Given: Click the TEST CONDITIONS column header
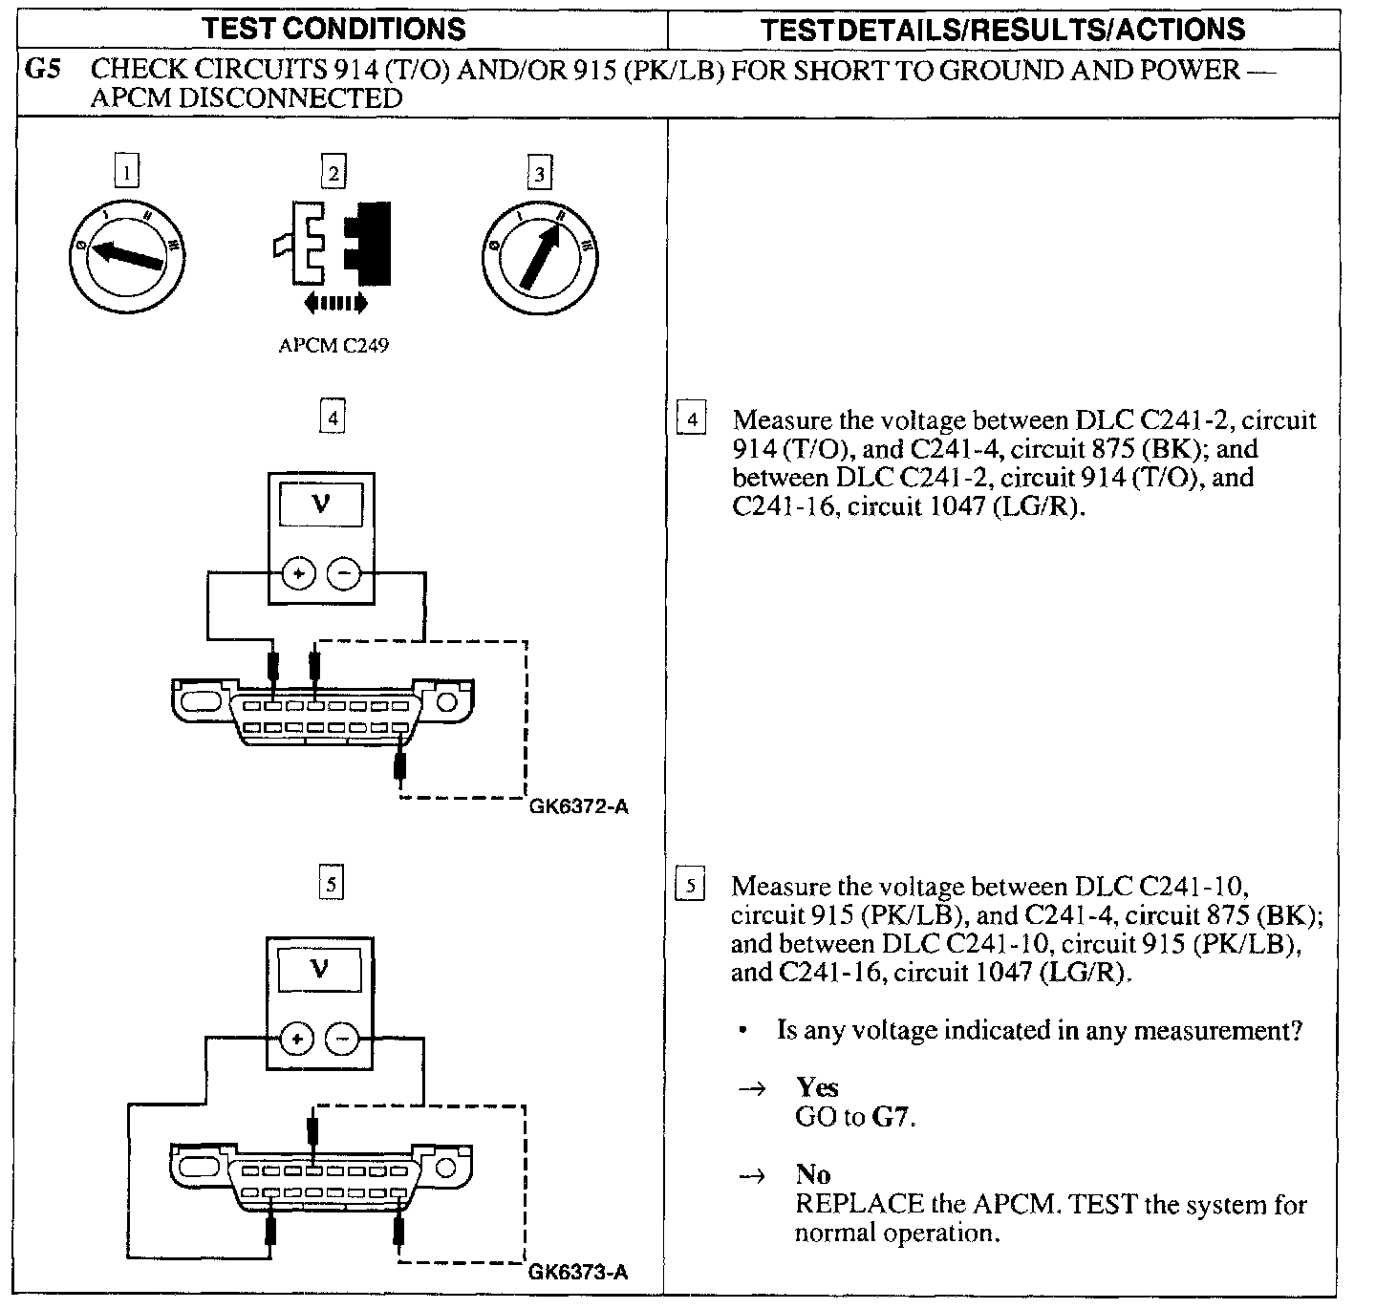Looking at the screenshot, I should point(333,29).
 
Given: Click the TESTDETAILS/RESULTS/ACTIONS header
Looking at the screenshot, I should point(1002,29).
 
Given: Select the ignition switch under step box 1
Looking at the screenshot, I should point(128,255).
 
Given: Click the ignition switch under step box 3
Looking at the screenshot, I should point(541,255).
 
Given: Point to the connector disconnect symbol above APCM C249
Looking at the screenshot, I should point(333,244).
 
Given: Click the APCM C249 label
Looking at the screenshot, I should point(333,346).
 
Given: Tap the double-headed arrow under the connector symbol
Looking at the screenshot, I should point(333,304).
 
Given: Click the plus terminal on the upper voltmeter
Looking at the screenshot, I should point(298,574).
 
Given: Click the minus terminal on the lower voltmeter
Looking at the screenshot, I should point(343,1039).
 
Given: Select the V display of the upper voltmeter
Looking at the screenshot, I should point(321,504).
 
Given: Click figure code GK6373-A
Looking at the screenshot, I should point(578,1273).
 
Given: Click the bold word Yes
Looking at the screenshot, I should point(817,1087).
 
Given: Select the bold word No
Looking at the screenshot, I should point(812,1174).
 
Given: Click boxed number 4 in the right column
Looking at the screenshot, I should point(692,420).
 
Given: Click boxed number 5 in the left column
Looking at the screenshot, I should point(331,884).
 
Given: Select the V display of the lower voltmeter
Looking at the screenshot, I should point(319,970).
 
